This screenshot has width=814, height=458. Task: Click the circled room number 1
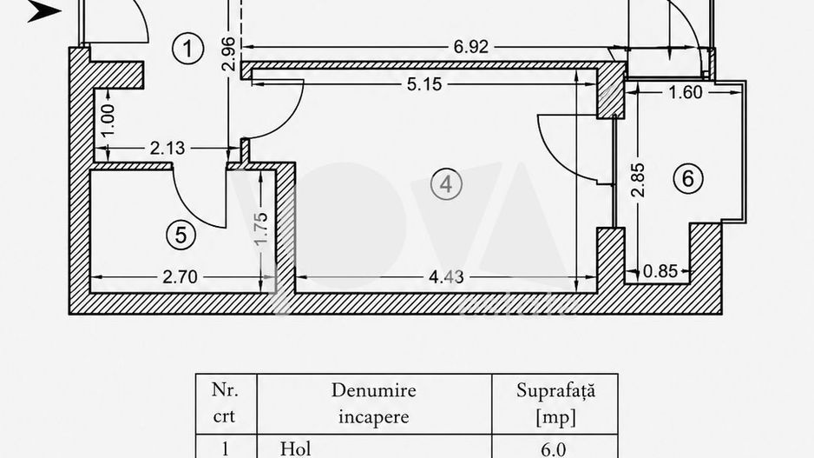[187, 49]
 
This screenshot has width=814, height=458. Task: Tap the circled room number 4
[446, 184]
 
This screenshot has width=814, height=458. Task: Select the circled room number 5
[181, 235]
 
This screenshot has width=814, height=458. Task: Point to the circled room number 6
[688, 178]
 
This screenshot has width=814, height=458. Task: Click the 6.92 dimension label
[471, 47]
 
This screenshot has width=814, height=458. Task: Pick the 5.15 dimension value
[424, 84]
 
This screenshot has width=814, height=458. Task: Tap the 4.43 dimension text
[446, 276]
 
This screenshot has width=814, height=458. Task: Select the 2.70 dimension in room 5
[180, 276]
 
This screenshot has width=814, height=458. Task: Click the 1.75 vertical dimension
[262, 229]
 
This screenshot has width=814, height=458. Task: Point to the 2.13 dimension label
[167, 148]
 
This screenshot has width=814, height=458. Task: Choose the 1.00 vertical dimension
[108, 120]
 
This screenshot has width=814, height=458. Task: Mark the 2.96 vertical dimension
[228, 54]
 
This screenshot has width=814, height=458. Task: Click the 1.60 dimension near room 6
[686, 92]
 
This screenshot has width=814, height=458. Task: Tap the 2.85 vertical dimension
[638, 180]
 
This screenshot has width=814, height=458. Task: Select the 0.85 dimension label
[660, 271]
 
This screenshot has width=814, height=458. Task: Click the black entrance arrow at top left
[44, 11]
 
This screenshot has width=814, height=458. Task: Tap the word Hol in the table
[295, 448]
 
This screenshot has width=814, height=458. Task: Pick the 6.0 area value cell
[554, 449]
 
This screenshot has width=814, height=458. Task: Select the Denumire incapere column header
[374, 403]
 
